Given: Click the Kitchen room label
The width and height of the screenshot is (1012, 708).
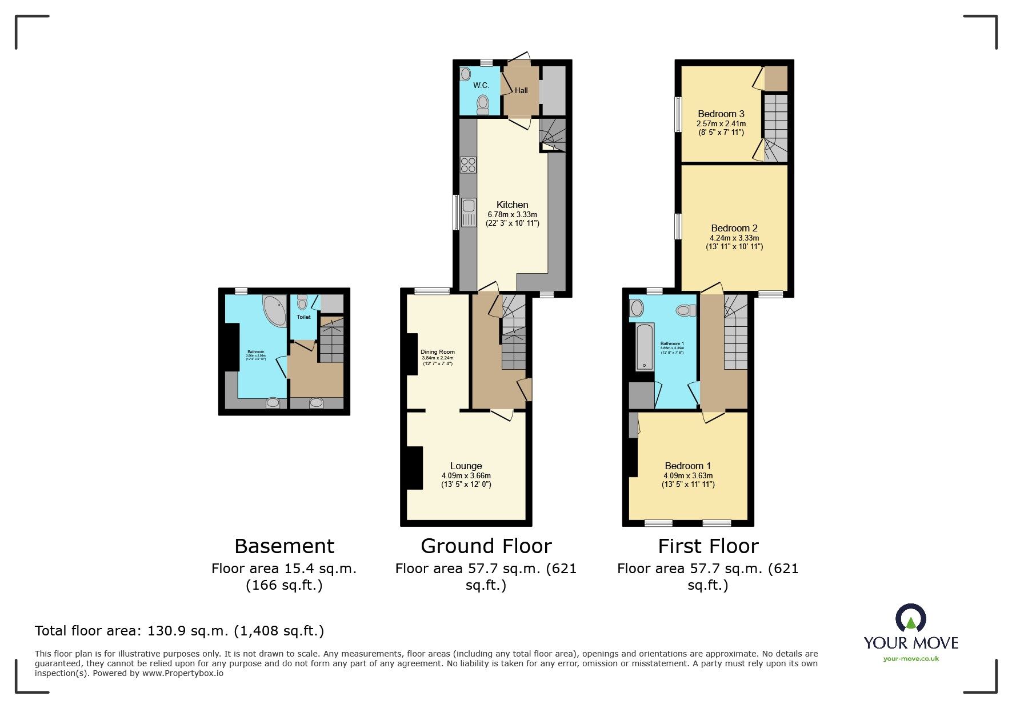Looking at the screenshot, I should pos(512,205).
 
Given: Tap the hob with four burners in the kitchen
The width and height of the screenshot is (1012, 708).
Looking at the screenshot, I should pos(468,165).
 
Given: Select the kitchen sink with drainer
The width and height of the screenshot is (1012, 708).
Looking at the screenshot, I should pos(469,212).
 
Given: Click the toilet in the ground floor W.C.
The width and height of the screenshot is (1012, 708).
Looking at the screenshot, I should pos(483,105).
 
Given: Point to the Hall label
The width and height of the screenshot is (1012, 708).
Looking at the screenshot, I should pos(521,90).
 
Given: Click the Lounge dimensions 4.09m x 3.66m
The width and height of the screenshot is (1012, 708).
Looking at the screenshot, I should pos(466,475).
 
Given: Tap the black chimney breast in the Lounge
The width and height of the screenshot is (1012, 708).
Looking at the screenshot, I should pos(413,468).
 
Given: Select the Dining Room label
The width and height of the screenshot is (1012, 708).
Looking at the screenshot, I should pos(438,352).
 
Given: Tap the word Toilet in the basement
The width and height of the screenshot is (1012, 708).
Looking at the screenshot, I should pos(303,317).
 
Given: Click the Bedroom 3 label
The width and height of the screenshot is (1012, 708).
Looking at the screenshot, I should pos(721,114).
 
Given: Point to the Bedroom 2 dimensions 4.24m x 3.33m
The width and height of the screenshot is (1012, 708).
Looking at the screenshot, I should pos(734,238).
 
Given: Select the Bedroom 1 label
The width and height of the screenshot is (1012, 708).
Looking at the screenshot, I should pos(688,466).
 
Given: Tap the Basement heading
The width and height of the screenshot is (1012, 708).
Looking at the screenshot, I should pos(284,546).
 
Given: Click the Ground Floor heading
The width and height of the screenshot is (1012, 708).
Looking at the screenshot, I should pos(486,546).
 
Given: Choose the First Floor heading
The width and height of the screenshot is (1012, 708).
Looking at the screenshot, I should pos(708,546).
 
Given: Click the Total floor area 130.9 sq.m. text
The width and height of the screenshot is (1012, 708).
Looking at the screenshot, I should pos(179,631).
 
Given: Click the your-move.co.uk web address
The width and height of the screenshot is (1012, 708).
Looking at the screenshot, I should pos(911,658).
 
